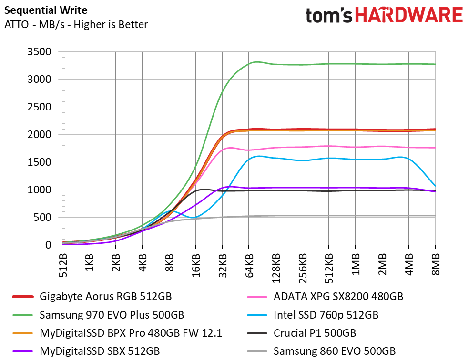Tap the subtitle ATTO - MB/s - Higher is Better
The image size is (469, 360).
pyautogui.click(x=76, y=24)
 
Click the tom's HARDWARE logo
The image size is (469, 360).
pyautogui.click(x=384, y=16)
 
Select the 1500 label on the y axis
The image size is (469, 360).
pyautogui.click(x=41, y=162)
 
